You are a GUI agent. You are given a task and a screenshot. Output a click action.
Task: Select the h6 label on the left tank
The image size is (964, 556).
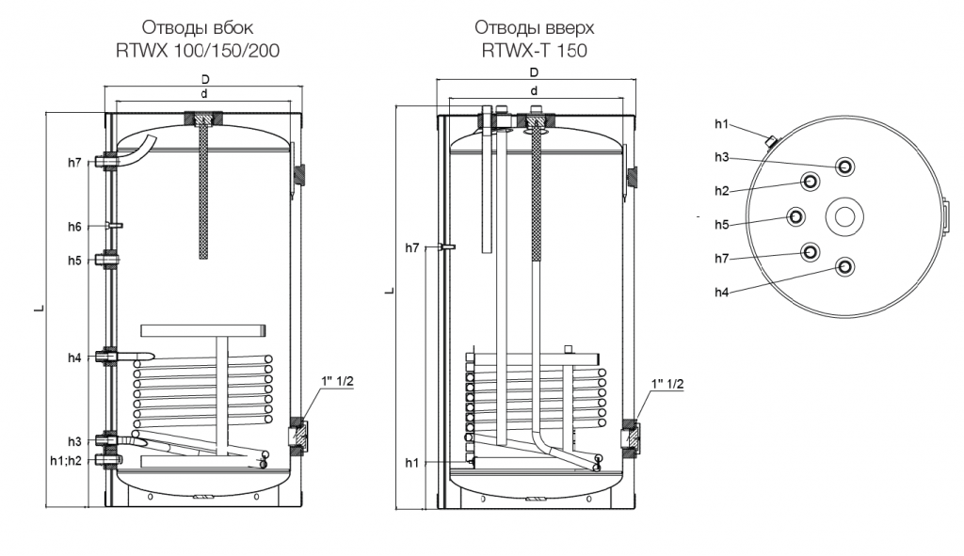(x=75, y=227)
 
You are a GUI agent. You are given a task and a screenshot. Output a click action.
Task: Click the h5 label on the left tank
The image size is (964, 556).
(x=75, y=260)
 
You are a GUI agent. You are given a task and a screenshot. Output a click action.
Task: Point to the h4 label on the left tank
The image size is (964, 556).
(x=75, y=357)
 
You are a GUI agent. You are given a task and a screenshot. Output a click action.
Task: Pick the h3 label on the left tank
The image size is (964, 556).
(x=75, y=441)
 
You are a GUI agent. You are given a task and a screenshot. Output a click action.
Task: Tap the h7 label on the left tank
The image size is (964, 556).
(x=75, y=163)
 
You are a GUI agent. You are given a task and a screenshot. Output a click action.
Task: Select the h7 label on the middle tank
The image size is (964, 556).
(x=412, y=247)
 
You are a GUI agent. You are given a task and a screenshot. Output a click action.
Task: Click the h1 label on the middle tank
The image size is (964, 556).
(x=412, y=461)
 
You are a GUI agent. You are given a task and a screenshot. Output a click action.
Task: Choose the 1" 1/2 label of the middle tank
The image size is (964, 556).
(x=667, y=385)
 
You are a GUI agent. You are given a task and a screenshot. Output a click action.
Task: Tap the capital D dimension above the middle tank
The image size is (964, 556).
(x=534, y=72)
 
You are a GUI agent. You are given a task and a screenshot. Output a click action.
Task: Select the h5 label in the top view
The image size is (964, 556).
(x=722, y=225)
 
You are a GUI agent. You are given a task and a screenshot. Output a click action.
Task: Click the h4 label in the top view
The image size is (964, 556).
(x=722, y=293)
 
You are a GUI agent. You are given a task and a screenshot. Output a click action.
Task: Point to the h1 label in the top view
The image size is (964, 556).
(x=722, y=123)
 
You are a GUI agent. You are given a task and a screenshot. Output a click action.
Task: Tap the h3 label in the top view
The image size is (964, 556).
(x=722, y=156)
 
